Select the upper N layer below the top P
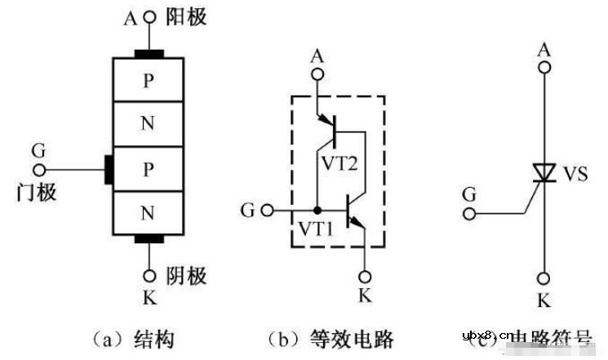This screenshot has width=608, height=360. point(148,124)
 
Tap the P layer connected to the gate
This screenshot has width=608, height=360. point(148,169)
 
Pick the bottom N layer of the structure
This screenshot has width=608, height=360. point(148,214)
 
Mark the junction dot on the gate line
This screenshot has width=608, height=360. point(317,210)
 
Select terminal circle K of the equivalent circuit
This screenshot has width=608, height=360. point(364,274)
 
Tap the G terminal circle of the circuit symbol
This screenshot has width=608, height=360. point(468,214)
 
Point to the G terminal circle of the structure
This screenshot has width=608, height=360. point(38,170)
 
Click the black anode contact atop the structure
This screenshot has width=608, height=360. point(148,55)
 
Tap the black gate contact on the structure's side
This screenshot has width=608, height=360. point(108,169)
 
